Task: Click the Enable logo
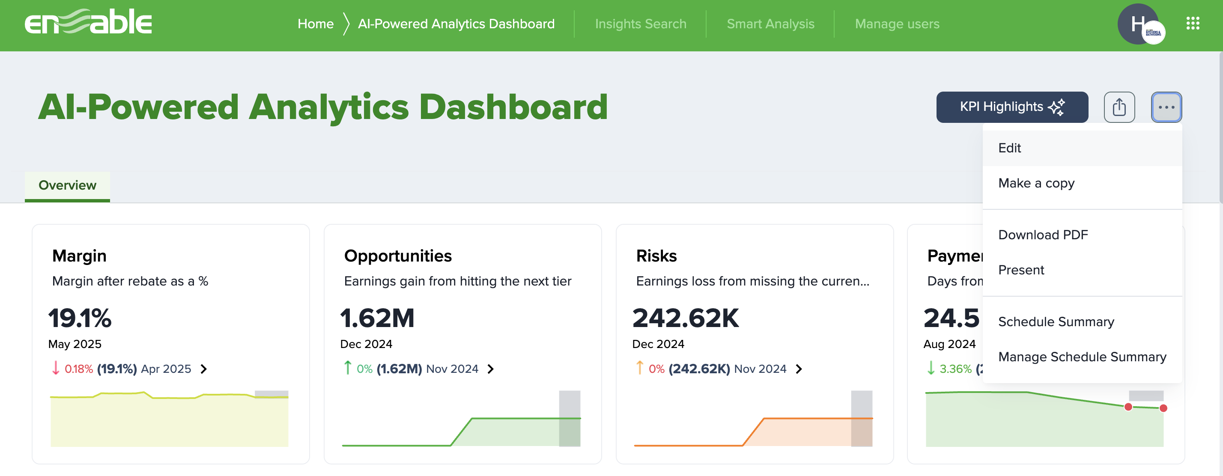88,22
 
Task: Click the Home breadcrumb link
315,24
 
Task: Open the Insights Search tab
640,24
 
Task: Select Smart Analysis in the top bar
770,24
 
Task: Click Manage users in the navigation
897,24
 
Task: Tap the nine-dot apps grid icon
1193,23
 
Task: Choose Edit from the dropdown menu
1009,148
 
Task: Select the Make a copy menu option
1036,183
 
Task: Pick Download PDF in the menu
1043,235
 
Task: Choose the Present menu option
1021,270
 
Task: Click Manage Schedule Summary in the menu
1082,357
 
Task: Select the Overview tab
67,185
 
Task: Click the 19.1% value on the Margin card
80,318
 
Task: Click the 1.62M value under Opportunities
377,318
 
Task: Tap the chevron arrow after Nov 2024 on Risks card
799,369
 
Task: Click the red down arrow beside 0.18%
56,368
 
